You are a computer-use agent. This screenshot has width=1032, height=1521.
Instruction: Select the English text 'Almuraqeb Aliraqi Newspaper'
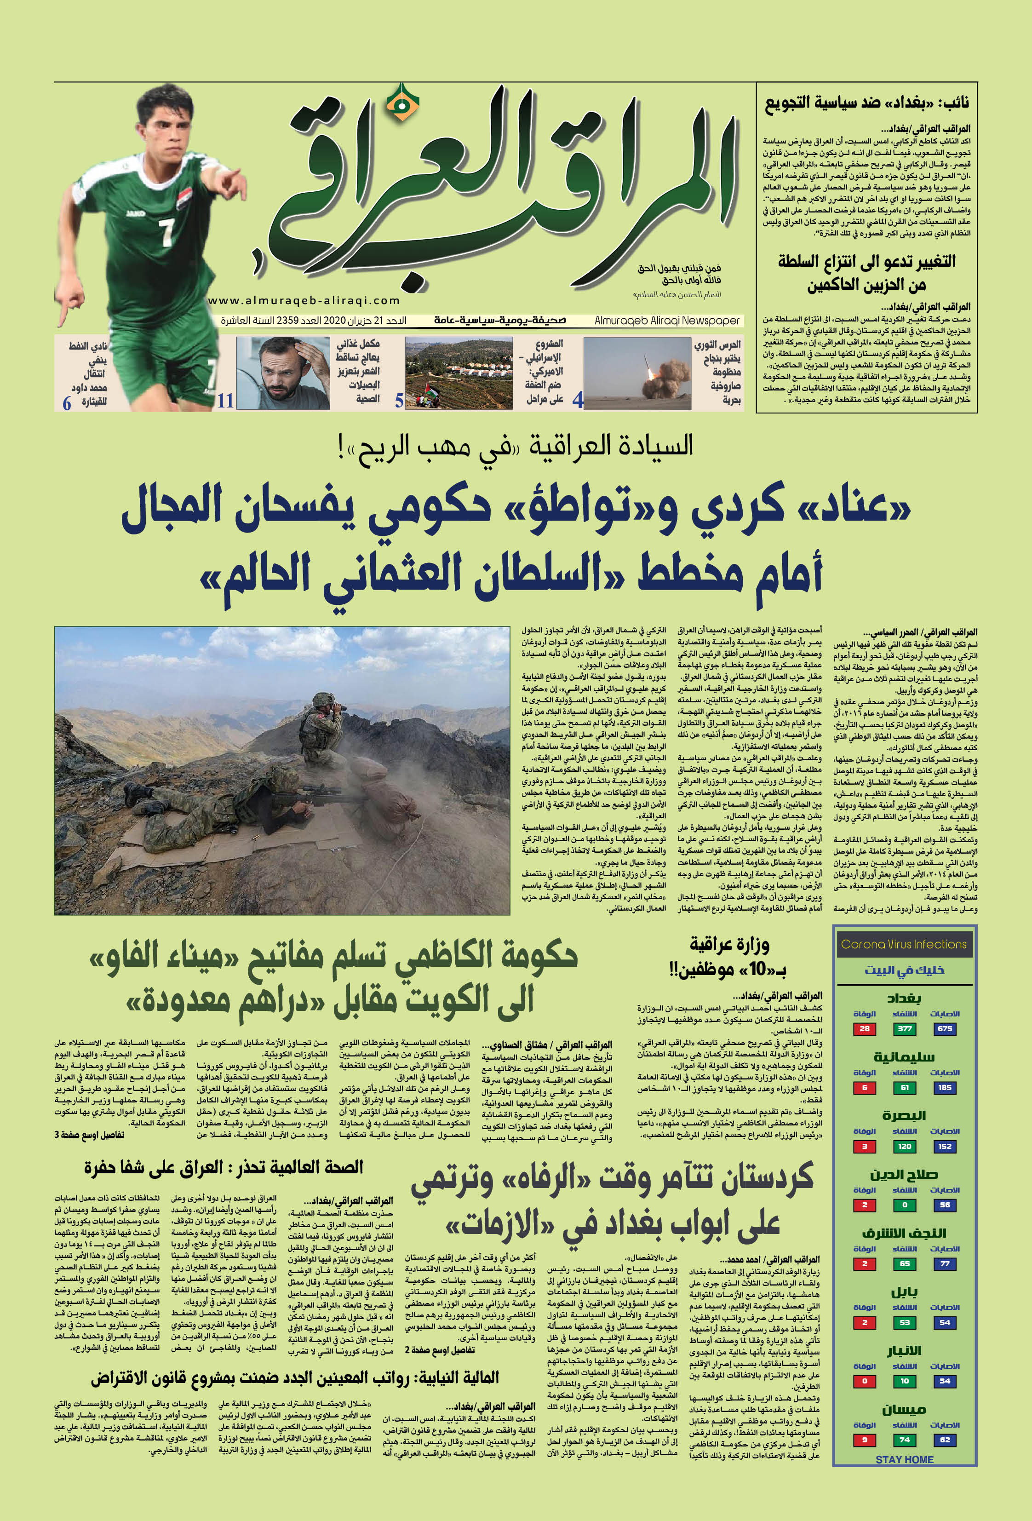click(x=667, y=321)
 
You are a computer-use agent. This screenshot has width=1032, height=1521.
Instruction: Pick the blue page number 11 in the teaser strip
click(x=226, y=401)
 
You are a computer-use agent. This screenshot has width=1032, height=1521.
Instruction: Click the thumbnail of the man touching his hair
click(x=283, y=373)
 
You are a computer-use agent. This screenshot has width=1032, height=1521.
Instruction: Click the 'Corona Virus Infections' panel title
click(x=904, y=944)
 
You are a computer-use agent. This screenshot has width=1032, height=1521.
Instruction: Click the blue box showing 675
click(x=944, y=1029)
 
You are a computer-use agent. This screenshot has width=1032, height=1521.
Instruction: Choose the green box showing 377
click(x=905, y=1029)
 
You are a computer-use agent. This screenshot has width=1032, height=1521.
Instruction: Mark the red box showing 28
click(x=865, y=1029)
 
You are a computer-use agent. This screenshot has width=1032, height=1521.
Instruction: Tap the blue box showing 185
click(x=944, y=1088)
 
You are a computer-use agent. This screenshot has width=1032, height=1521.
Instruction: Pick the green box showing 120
click(x=905, y=1146)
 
